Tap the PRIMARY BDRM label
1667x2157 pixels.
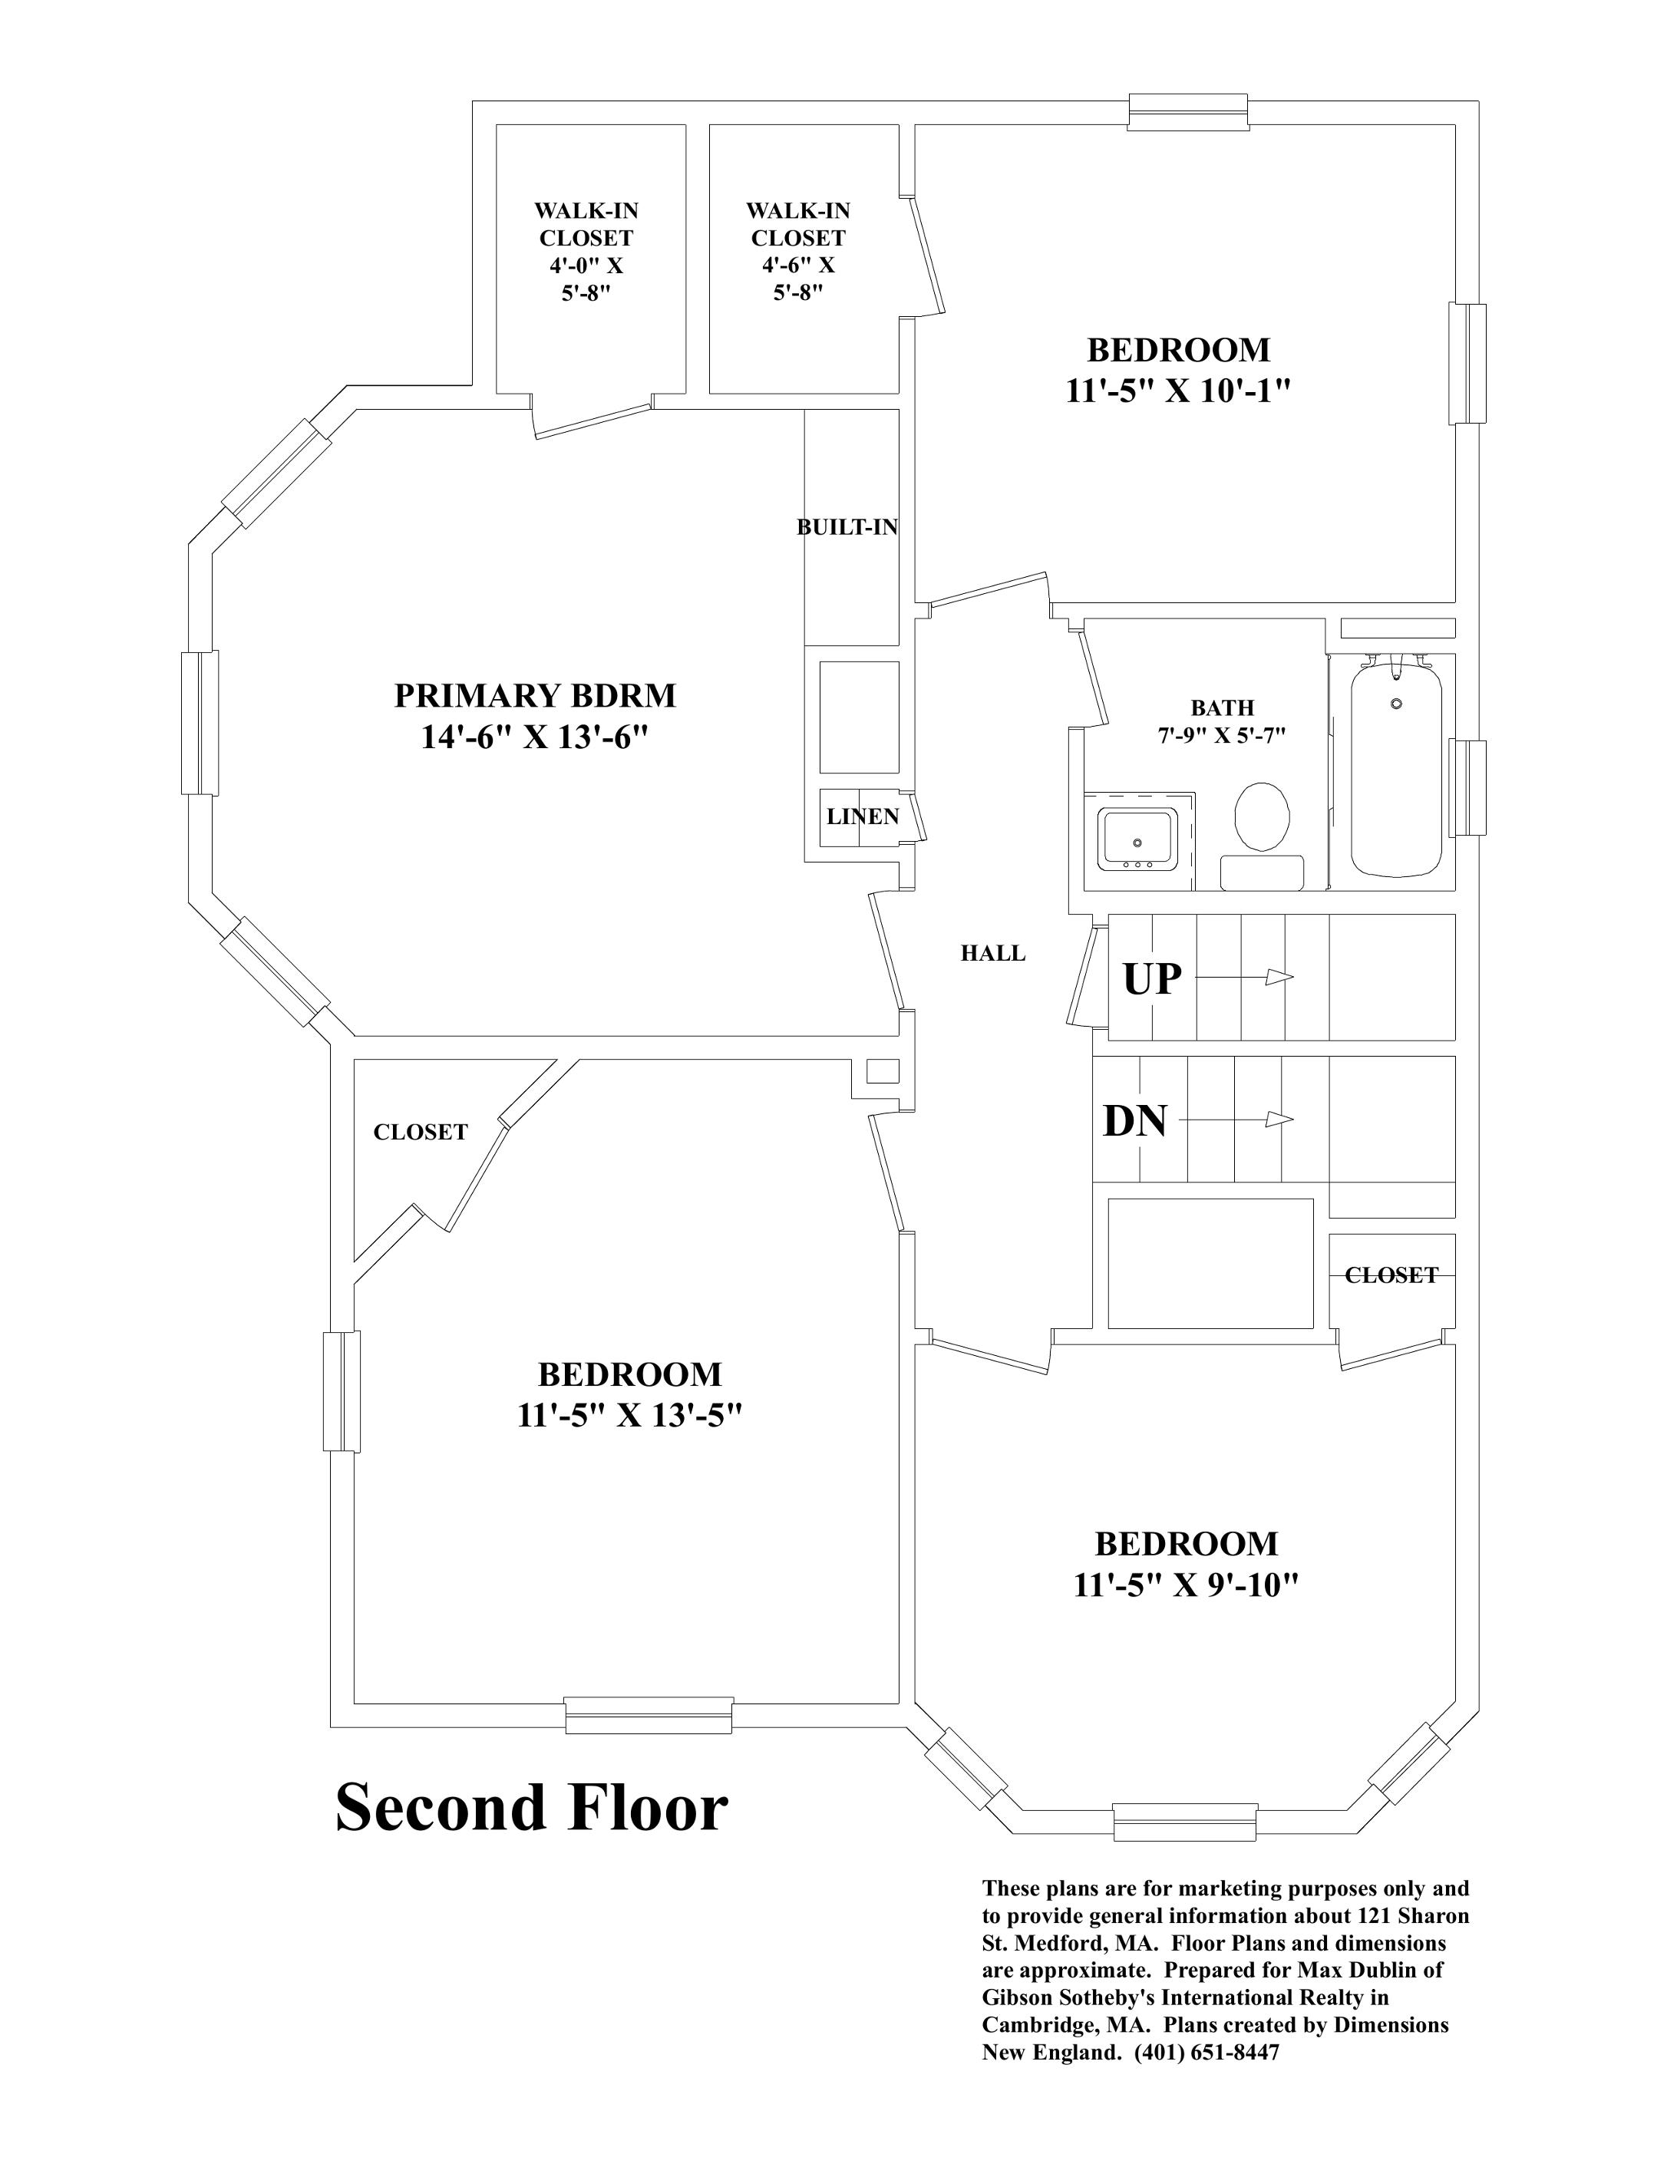(x=534, y=695)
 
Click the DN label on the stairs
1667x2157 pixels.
(x=1134, y=1121)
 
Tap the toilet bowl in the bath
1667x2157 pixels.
(x=1262, y=816)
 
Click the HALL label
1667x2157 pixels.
(x=992, y=953)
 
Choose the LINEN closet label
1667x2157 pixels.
(x=862, y=816)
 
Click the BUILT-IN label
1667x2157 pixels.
(x=847, y=527)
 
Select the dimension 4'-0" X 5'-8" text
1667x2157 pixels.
(x=586, y=279)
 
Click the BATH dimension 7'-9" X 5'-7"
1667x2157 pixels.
(x=1222, y=736)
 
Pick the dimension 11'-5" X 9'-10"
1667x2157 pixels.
(x=1185, y=1585)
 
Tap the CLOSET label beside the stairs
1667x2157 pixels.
(x=1391, y=1275)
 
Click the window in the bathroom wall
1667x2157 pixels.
(x=1467, y=787)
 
